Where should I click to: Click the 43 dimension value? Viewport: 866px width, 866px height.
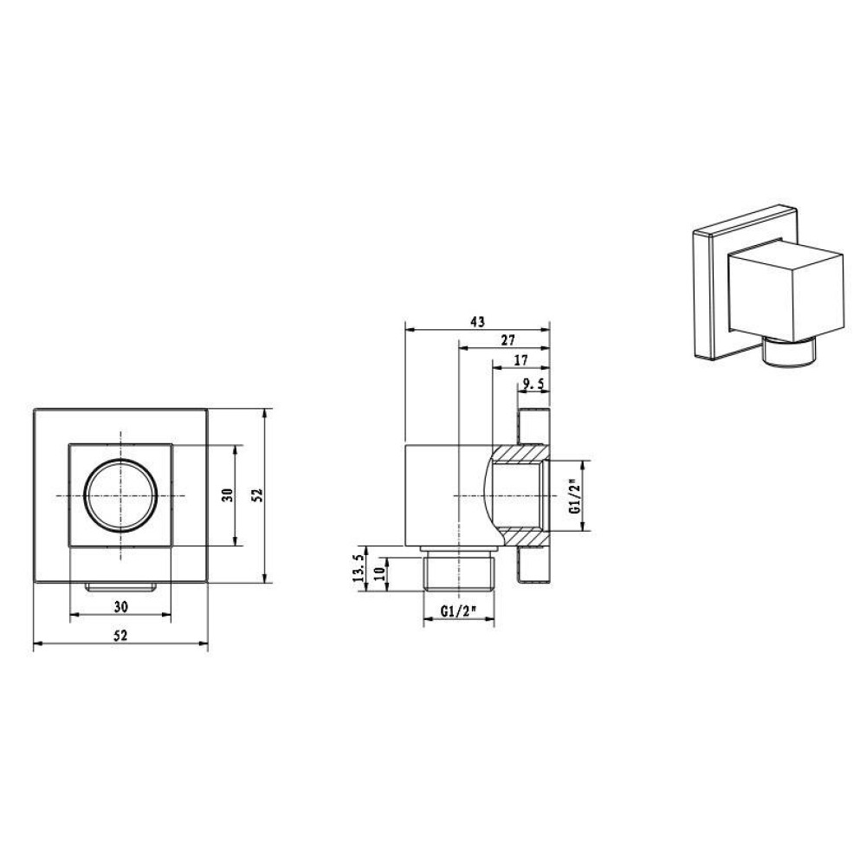coord(478,321)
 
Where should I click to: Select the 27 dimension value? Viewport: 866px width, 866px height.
coord(507,340)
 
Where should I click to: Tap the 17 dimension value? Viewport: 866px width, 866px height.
coord(520,360)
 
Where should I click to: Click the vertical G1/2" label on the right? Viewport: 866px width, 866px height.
coord(574,496)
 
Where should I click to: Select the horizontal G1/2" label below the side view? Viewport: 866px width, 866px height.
coord(458,611)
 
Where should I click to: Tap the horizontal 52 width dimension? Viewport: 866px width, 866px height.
coord(120,635)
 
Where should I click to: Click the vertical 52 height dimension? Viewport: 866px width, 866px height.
coord(259,494)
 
